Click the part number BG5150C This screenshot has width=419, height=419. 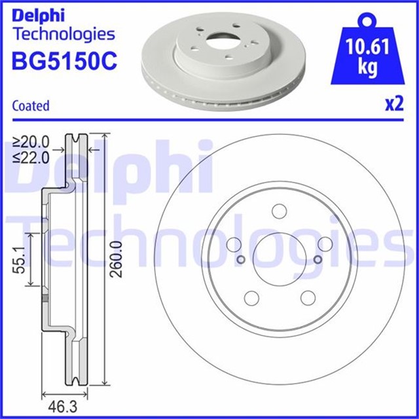click(64, 61)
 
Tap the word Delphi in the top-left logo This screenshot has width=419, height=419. click(38, 16)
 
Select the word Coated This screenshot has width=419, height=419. click(31, 105)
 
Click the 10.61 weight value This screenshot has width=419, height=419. click(367, 46)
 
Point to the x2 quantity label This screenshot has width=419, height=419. click(394, 104)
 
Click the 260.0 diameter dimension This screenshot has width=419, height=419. click(117, 259)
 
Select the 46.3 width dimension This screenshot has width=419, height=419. click(63, 407)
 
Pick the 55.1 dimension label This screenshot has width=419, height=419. click(19, 259)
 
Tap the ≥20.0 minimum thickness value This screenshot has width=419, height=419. click(31, 142)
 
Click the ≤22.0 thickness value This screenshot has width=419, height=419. click(31, 158)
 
